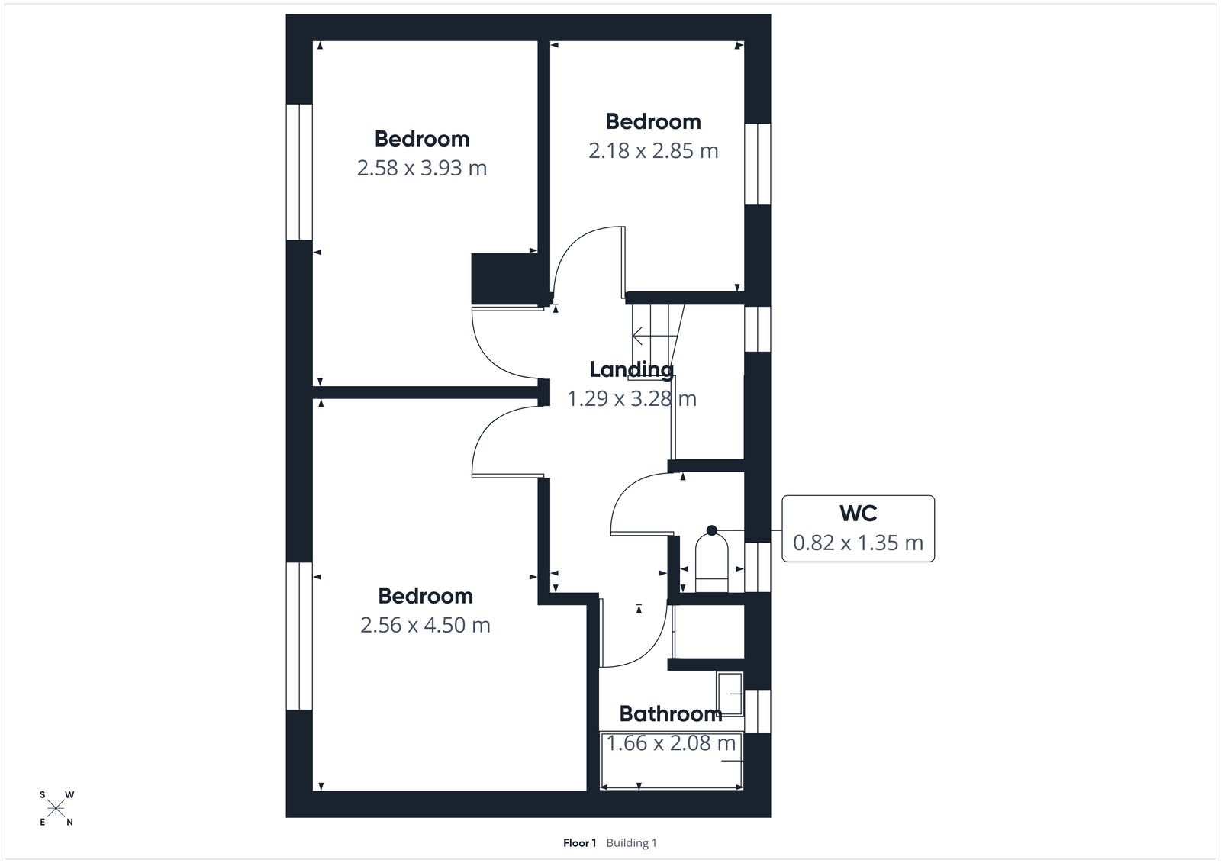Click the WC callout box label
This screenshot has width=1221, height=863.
[858, 514]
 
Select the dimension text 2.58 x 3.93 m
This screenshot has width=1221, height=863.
[421, 168]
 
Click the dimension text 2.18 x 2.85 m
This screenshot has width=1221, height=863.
[653, 151]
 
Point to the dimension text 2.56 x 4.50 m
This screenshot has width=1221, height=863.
[425, 625]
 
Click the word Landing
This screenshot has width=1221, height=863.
[631, 369]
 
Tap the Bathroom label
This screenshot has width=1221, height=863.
[670, 713]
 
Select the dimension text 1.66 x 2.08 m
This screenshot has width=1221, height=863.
[671, 742]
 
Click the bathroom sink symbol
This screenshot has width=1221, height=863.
[730, 694]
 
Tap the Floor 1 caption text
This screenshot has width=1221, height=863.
[579, 843]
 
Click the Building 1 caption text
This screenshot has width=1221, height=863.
[631, 843]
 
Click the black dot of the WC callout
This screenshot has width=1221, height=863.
[712, 530]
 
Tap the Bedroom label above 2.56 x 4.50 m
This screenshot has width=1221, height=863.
[425, 596]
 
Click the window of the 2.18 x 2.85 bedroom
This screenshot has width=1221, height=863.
[757, 164]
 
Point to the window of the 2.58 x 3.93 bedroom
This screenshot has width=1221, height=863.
[299, 172]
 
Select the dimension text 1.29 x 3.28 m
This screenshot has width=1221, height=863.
[631, 398]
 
